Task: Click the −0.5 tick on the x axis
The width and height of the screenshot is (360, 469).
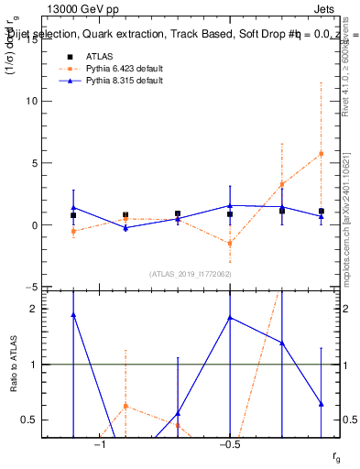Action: coord(230,445)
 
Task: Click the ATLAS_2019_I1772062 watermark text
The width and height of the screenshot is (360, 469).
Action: coord(191,274)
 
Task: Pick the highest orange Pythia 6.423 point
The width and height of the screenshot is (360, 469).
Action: coord(321,153)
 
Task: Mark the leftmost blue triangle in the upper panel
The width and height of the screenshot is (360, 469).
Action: coord(73,207)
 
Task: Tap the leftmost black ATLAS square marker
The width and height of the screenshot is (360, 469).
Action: coord(73,215)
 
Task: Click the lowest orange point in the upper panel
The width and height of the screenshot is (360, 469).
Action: coord(230,243)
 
